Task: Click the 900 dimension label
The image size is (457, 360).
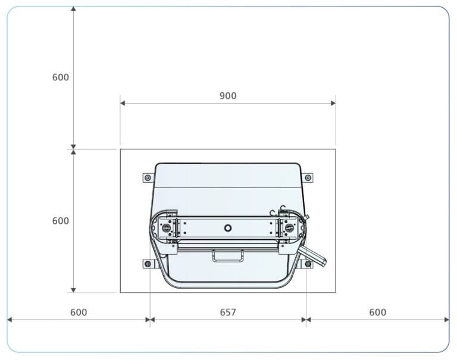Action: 228,96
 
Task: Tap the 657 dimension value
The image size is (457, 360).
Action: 228,312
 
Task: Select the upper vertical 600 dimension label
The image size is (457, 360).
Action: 61,77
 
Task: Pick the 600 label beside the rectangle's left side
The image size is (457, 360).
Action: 61,221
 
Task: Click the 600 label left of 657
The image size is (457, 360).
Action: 79,312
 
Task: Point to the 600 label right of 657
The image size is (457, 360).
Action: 378,312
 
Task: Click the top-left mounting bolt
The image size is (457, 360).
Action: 148,177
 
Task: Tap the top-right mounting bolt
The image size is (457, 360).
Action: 308,177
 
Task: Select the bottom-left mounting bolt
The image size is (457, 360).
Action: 148,264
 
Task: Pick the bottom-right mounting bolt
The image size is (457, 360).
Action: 308,264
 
